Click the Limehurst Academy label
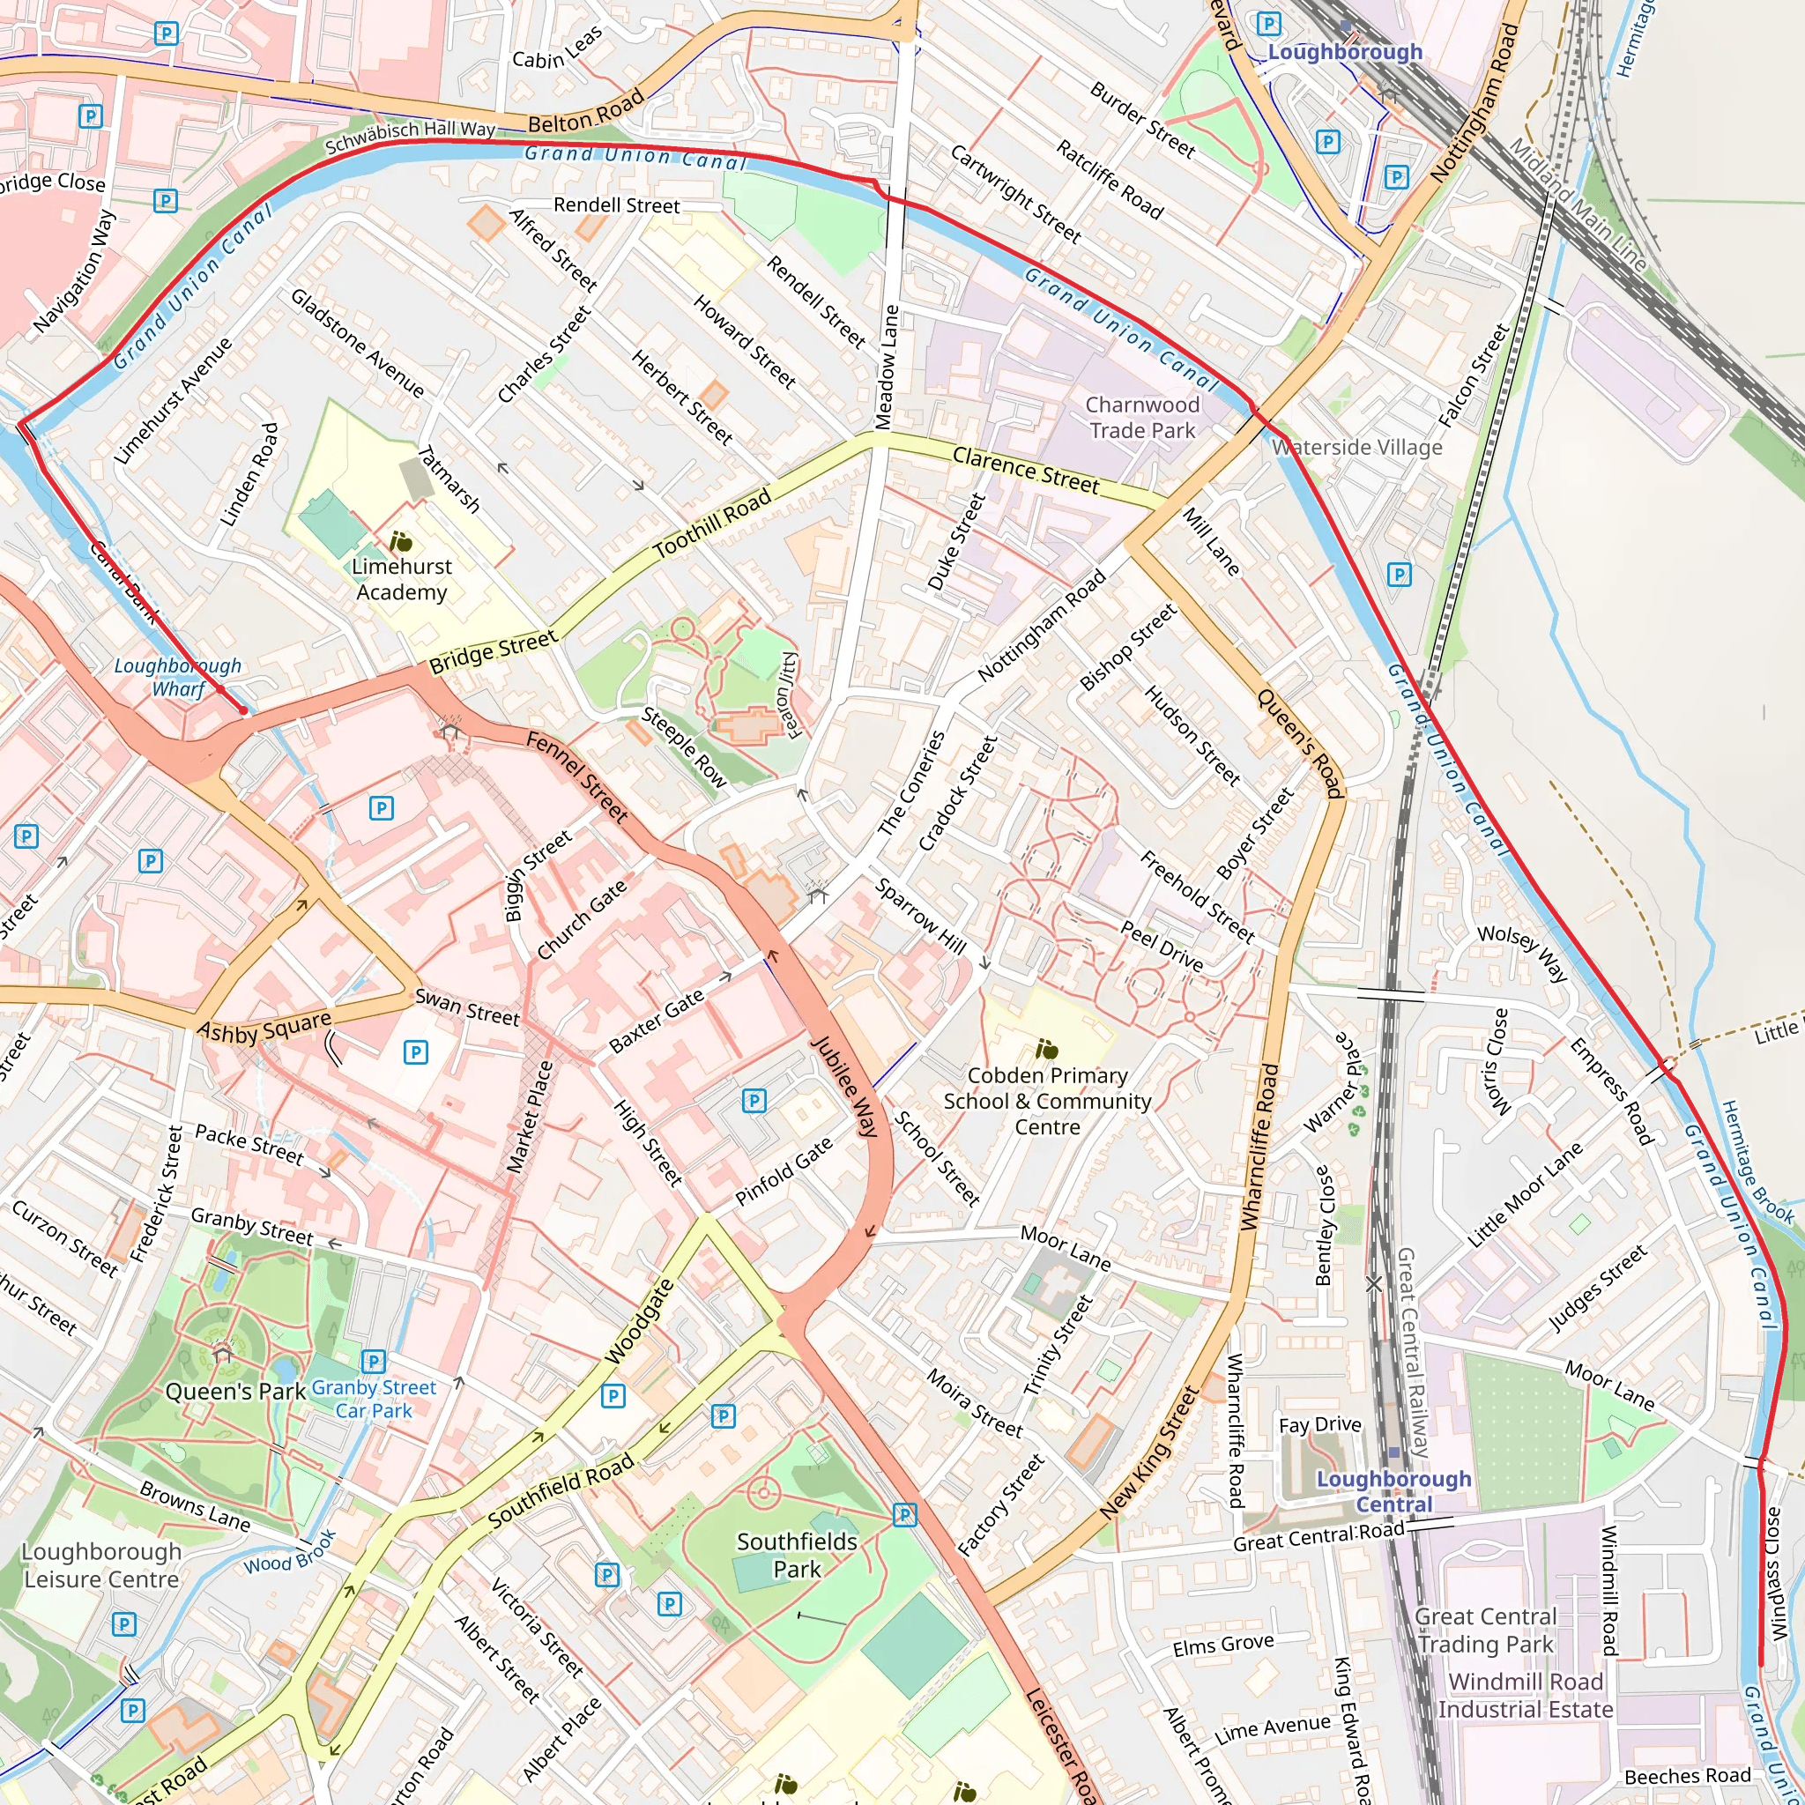pos(401,579)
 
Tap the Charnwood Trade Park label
pos(1141,418)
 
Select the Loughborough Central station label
pos(1393,1491)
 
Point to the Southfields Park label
pos(797,1555)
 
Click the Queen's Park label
pos(235,1391)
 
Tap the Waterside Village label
pos(1356,448)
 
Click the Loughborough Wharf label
pos(177,678)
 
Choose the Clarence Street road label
pos(1025,470)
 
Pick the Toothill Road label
pos(712,524)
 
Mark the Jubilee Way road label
pos(844,1086)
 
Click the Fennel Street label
pos(577,776)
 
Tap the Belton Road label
pos(586,111)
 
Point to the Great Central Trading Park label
pos(1485,1630)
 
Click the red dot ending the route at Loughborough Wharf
pos(244,710)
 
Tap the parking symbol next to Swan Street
pos(416,1053)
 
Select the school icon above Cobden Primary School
pos(1046,1050)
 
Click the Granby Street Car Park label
pos(374,1399)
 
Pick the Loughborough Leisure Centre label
pos(100,1565)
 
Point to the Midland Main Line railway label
pos(1578,204)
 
